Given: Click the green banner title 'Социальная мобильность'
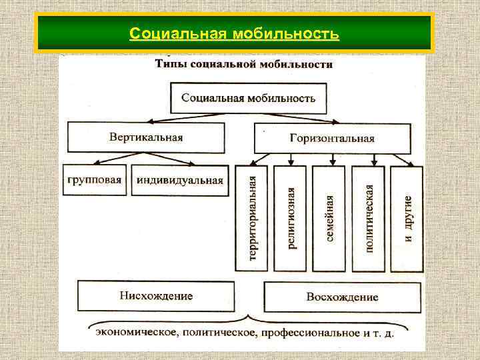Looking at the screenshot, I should pyautogui.click(x=235, y=33).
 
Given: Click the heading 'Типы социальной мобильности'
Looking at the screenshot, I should pyautogui.click(x=244, y=65).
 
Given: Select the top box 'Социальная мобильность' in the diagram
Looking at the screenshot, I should pyautogui.click(x=249, y=98).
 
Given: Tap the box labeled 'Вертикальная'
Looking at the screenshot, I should pyautogui.click(x=146, y=137).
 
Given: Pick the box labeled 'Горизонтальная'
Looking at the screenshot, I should pyautogui.click(x=332, y=138).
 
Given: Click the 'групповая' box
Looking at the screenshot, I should pyautogui.click(x=95, y=180).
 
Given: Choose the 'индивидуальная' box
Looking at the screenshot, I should pyautogui.click(x=179, y=180).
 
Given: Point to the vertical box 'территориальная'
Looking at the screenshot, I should pyautogui.click(x=251, y=219).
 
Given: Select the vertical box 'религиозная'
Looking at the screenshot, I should pyautogui.click(x=291, y=219).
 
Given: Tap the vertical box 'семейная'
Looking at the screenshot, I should pyautogui.click(x=329, y=219).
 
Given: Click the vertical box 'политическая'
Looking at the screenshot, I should pyautogui.click(x=369, y=219).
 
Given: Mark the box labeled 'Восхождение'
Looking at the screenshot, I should pyautogui.click(x=342, y=297).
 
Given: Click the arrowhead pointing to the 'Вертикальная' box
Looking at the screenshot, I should pyautogui.click(x=151, y=122).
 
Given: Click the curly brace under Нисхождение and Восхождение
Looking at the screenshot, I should pyautogui.click(x=249, y=318).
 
